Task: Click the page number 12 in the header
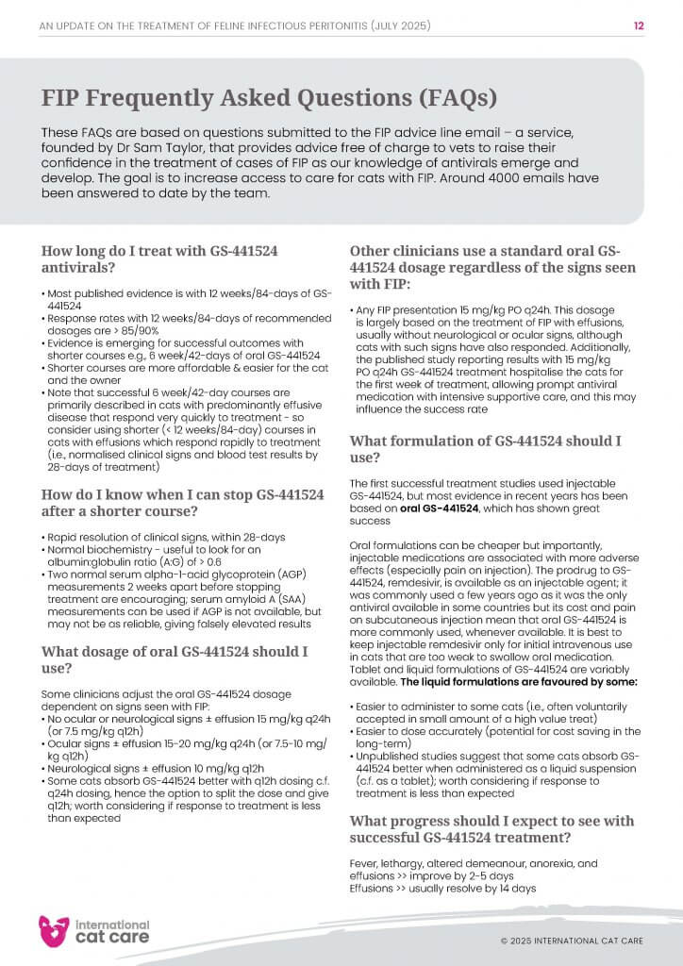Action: pyautogui.click(x=639, y=26)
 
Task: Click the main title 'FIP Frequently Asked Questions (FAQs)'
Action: pyautogui.click(x=269, y=99)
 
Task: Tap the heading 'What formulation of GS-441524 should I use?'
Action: pyautogui.click(x=485, y=449)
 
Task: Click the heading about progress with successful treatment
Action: pyautogui.click(x=485, y=829)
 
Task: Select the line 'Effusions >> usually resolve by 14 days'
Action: pyautogui.click(x=442, y=889)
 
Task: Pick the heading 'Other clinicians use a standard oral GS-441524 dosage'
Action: pyautogui.click(x=485, y=267)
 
